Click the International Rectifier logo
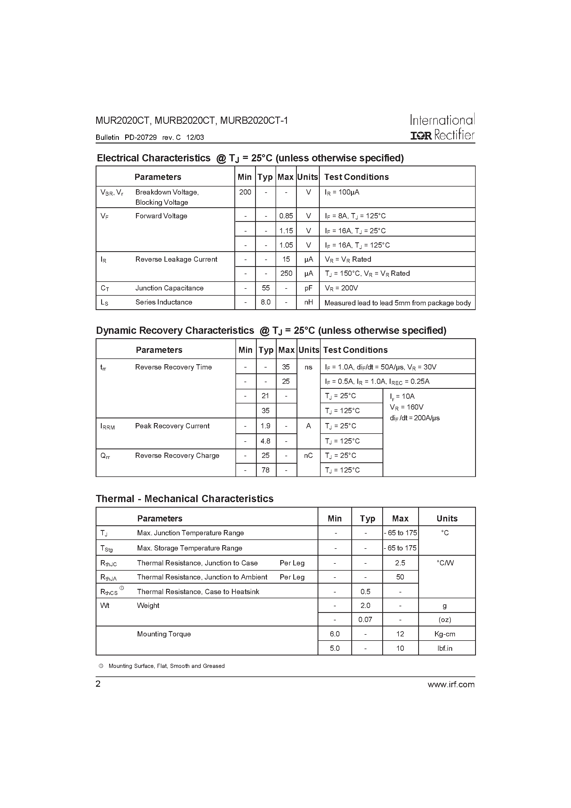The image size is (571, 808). click(442, 127)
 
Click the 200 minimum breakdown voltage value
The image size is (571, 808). click(245, 192)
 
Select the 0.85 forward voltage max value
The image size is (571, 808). click(286, 216)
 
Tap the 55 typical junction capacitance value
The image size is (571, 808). click(266, 288)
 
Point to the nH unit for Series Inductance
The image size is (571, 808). click(308, 302)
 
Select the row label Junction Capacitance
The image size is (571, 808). click(169, 288)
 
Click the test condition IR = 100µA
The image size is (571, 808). click(342, 192)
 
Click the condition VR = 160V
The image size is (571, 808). click(406, 407)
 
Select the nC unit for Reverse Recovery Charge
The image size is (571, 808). click(308, 455)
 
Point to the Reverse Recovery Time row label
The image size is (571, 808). click(173, 367)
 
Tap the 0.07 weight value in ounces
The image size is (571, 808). click(365, 619)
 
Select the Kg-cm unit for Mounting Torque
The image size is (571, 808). click(445, 634)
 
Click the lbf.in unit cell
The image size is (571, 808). click(445, 648)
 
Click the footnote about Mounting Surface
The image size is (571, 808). click(166, 666)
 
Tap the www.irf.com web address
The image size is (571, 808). click(451, 684)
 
